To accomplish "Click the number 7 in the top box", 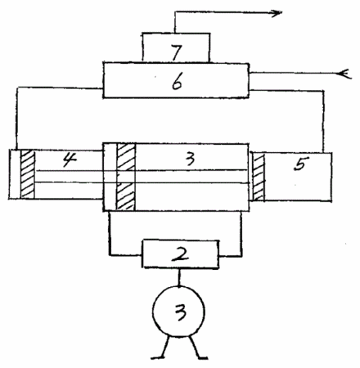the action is coord(177,52).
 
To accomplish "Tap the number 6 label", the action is coord(177,82).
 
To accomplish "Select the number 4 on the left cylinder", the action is coord(70,159).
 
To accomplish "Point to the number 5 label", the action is coord(301,164).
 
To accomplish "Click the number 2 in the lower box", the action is coord(180,254).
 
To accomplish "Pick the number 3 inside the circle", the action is coord(180,312).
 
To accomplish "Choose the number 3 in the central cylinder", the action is coord(190,158).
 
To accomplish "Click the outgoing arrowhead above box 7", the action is coord(276,12).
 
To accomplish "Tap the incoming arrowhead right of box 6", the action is coord(344,74).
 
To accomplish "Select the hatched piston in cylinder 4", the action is coord(28,174).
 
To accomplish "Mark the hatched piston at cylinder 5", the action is coord(259,177).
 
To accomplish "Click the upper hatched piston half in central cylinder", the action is coord(126,157).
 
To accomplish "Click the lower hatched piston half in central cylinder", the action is coord(125,196).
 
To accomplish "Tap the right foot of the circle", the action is coord(197,349).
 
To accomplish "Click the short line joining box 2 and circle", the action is coord(179,277).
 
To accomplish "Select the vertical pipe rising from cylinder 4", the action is coord(17,119).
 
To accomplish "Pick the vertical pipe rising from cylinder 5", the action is coord(324,121).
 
